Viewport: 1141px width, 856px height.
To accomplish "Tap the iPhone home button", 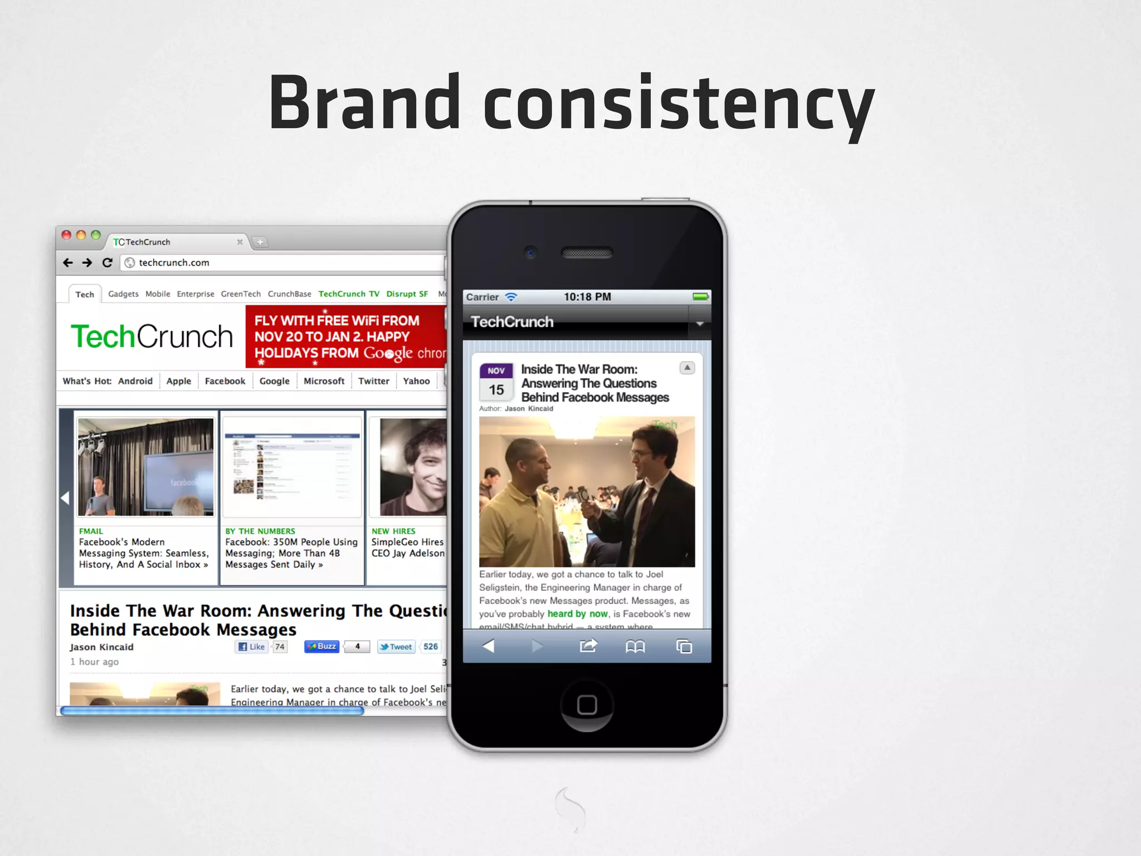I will tap(587, 704).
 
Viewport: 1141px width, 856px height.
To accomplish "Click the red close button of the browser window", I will tap(66, 235).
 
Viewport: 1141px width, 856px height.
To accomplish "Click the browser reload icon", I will tap(108, 262).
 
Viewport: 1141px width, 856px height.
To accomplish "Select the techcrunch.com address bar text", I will tap(174, 262).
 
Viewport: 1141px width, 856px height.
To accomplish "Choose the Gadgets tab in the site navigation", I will tap(123, 294).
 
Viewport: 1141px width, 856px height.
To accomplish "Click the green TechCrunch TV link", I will tap(349, 294).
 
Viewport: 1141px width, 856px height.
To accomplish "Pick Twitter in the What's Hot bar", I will tap(373, 381).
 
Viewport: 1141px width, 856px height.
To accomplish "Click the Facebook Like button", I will tap(252, 646).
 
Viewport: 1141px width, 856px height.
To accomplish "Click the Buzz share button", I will tap(322, 646).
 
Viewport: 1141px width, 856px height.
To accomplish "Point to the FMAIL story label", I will tap(91, 531).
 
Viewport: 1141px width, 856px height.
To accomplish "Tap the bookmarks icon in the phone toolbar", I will tap(635, 646).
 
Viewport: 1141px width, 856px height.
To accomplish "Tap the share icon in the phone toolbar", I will tap(588, 646).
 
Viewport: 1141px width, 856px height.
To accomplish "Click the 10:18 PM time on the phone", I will tap(587, 297).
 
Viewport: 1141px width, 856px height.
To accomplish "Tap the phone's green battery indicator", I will tap(700, 296).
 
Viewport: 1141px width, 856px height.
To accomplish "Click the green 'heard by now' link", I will tap(577, 614).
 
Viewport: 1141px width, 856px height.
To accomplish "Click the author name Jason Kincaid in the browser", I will tap(101, 647).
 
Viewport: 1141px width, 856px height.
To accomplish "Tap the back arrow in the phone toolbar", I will tap(488, 646).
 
